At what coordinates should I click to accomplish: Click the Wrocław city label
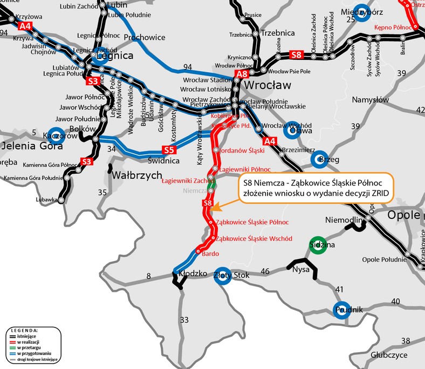[x=268, y=85]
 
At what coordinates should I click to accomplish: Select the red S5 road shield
[x=169, y=150]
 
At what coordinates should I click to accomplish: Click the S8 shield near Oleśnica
[x=297, y=54]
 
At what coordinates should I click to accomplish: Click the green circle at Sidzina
[x=318, y=244]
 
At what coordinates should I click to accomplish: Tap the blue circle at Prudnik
[x=342, y=310]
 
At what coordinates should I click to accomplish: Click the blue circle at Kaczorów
[x=56, y=136]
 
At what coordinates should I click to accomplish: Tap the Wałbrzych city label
[x=137, y=175]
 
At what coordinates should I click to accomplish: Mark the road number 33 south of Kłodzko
[x=184, y=320]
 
